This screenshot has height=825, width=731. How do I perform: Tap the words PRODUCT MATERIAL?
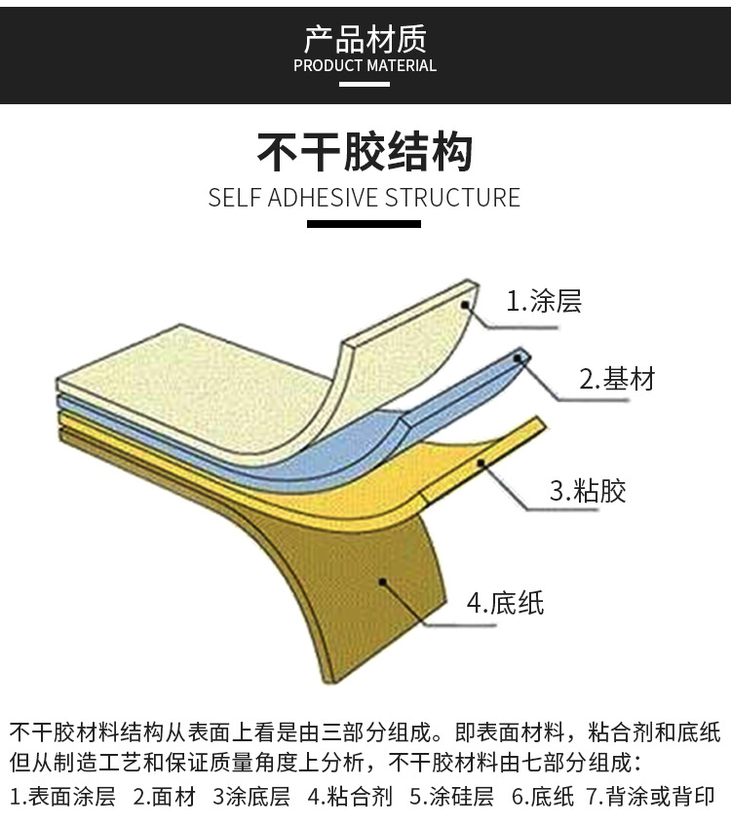coord(365,66)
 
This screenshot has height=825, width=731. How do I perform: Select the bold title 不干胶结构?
coord(365,152)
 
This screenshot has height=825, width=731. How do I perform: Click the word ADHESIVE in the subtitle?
coord(315,198)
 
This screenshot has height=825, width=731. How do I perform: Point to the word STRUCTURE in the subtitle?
coord(453,198)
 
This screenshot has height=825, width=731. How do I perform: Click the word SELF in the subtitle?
coord(231,198)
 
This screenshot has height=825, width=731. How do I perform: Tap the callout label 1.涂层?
coord(543,301)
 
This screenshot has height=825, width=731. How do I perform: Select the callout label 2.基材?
coord(617,379)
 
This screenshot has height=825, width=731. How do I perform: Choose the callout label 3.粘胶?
coord(588,490)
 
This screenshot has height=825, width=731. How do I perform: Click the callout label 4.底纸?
coord(505,603)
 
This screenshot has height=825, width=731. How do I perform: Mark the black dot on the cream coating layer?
coord(467,305)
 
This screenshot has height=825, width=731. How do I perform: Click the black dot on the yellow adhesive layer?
coord(481,464)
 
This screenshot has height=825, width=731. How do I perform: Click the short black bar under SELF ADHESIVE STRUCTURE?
coord(365,224)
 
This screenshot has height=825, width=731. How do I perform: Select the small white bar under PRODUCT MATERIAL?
coord(365,84)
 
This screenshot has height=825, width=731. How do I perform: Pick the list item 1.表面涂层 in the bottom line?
coord(62,797)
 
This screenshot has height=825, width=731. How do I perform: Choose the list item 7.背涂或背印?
coord(650,797)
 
